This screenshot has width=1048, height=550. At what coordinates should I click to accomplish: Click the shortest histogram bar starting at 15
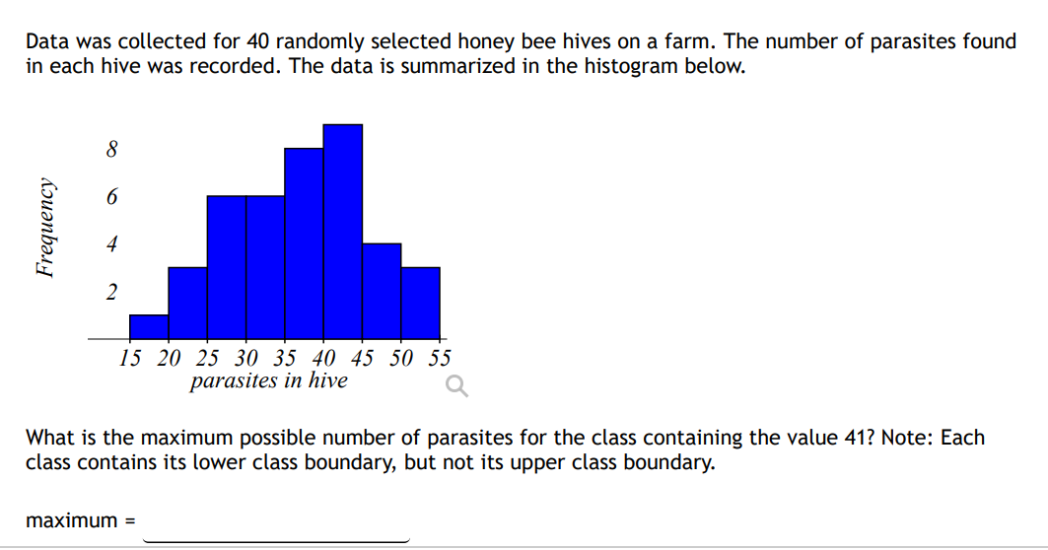pyautogui.click(x=149, y=327)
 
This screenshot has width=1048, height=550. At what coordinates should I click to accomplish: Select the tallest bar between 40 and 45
pyautogui.click(x=343, y=232)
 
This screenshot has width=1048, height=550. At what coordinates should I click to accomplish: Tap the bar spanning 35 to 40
pyautogui.click(x=304, y=243)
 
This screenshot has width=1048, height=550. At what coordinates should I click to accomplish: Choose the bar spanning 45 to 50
pyautogui.click(x=382, y=291)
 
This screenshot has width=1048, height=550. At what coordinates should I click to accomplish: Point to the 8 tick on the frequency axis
pyautogui.click(x=111, y=150)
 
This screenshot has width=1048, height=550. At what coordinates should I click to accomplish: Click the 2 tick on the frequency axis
pyautogui.click(x=111, y=292)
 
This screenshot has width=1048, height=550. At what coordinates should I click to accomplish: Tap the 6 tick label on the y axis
pyautogui.click(x=111, y=197)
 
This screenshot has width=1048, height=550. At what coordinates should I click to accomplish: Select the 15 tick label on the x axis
pyautogui.click(x=129, y=358)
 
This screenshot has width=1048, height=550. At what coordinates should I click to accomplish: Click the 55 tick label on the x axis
pyautogui.click(x=440, y=358)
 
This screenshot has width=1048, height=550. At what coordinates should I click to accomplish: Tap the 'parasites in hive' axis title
pyautogui.click(x=268, y=380)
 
